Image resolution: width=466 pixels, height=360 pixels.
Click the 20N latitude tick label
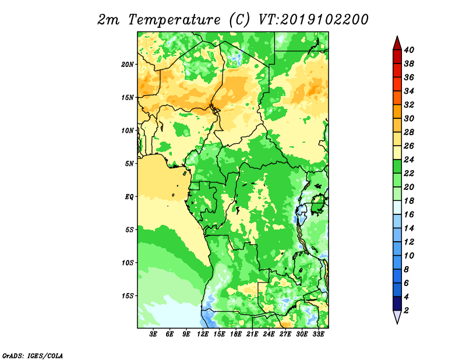click(128, 65)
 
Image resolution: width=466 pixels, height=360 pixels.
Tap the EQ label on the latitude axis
click(129, 197)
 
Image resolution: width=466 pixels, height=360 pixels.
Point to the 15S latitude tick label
click(128, 296)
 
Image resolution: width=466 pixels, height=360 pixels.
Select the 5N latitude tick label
click(129, 164)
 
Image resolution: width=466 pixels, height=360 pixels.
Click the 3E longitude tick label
click(153, 334)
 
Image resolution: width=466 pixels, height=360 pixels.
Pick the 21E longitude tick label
click(252, 334)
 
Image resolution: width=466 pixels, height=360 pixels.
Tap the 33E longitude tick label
click(318, 334)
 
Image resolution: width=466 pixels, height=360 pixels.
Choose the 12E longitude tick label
click(203, 334)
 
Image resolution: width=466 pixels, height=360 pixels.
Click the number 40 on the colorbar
click(409, 50)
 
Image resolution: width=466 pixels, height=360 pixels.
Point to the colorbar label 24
click(409, 160)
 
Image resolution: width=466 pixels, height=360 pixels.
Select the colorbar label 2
click(406, 310)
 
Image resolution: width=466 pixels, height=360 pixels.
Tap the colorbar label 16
click(409, 214)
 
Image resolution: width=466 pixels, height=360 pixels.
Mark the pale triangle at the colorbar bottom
click(397, 316)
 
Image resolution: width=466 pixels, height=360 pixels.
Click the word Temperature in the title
click(174, 20)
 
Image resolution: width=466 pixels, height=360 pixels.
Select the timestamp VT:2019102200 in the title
click(313, 20)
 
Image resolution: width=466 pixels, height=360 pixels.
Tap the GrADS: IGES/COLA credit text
click(33, 356)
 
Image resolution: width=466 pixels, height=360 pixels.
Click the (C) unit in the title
click(239, 20)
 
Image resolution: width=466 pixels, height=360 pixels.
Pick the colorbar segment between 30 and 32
click(397, 111)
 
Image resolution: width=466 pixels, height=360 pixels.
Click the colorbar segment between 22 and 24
click(397, 167)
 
